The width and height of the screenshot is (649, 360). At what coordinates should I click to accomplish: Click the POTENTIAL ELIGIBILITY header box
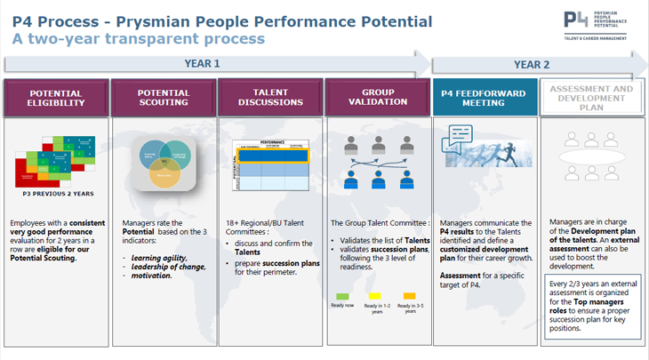55,98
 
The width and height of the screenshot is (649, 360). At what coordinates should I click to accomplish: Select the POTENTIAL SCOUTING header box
163,98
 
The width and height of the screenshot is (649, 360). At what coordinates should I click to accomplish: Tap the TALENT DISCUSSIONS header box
270,98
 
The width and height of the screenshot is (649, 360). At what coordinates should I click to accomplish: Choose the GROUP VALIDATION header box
378,98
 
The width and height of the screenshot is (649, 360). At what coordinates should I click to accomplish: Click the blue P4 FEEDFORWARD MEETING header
485,97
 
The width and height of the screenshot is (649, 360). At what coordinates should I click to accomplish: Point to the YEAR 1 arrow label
202,64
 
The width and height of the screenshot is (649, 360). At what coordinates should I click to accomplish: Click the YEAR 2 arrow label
532,64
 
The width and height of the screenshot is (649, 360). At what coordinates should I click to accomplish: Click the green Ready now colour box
342,296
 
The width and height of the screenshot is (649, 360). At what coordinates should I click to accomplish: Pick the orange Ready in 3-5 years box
410,296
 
